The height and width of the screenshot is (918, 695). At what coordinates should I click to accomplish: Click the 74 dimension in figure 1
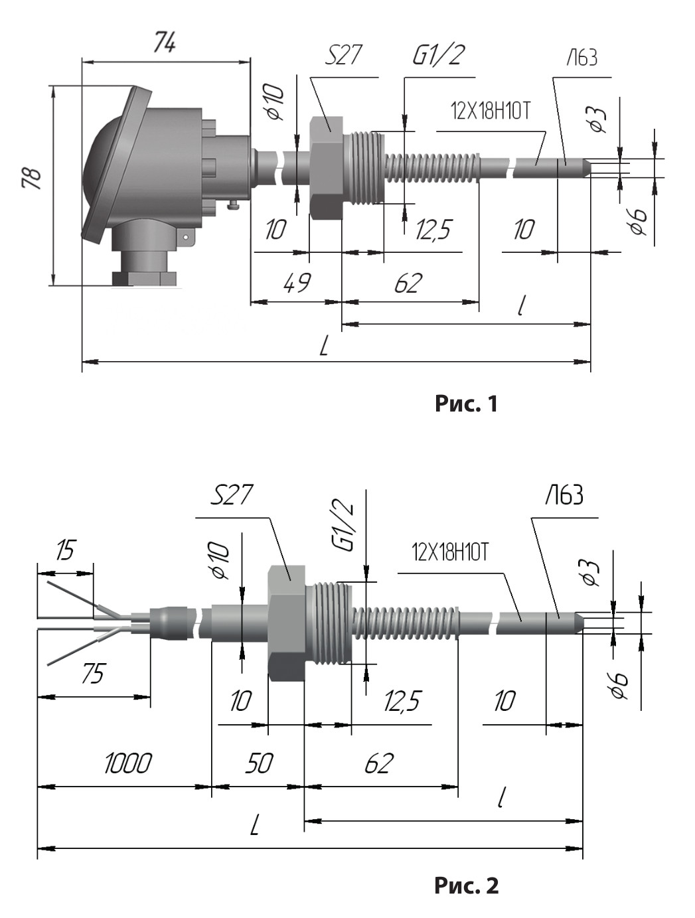click(165, 42)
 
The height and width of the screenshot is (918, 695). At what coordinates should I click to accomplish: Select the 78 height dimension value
click(33, 179)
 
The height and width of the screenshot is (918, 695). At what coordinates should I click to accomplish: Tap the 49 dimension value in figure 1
click(297, 283)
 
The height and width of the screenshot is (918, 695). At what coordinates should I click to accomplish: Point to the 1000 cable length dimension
click(127, 764)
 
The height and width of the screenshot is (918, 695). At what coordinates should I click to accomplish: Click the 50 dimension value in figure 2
click(260, 763)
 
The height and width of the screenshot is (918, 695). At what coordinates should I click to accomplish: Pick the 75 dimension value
click(93, 674)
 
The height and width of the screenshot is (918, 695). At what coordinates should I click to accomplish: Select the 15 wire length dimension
click(66, 550)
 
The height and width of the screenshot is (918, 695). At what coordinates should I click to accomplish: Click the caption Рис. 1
click(466, 404)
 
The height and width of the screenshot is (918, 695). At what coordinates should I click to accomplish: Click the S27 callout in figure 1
click(343, 55)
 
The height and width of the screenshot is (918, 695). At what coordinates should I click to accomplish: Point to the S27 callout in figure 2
click(231, 495)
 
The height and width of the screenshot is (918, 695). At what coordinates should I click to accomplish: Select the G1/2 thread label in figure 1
click(438, 55)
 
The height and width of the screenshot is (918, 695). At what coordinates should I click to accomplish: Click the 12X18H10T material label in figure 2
click(450, 554)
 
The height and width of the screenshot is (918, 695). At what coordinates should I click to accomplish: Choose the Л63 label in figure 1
click(581, 58)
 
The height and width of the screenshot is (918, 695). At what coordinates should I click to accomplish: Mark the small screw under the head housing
click(233, 205)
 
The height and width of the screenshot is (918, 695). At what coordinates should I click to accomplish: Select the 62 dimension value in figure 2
click(379, 763)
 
